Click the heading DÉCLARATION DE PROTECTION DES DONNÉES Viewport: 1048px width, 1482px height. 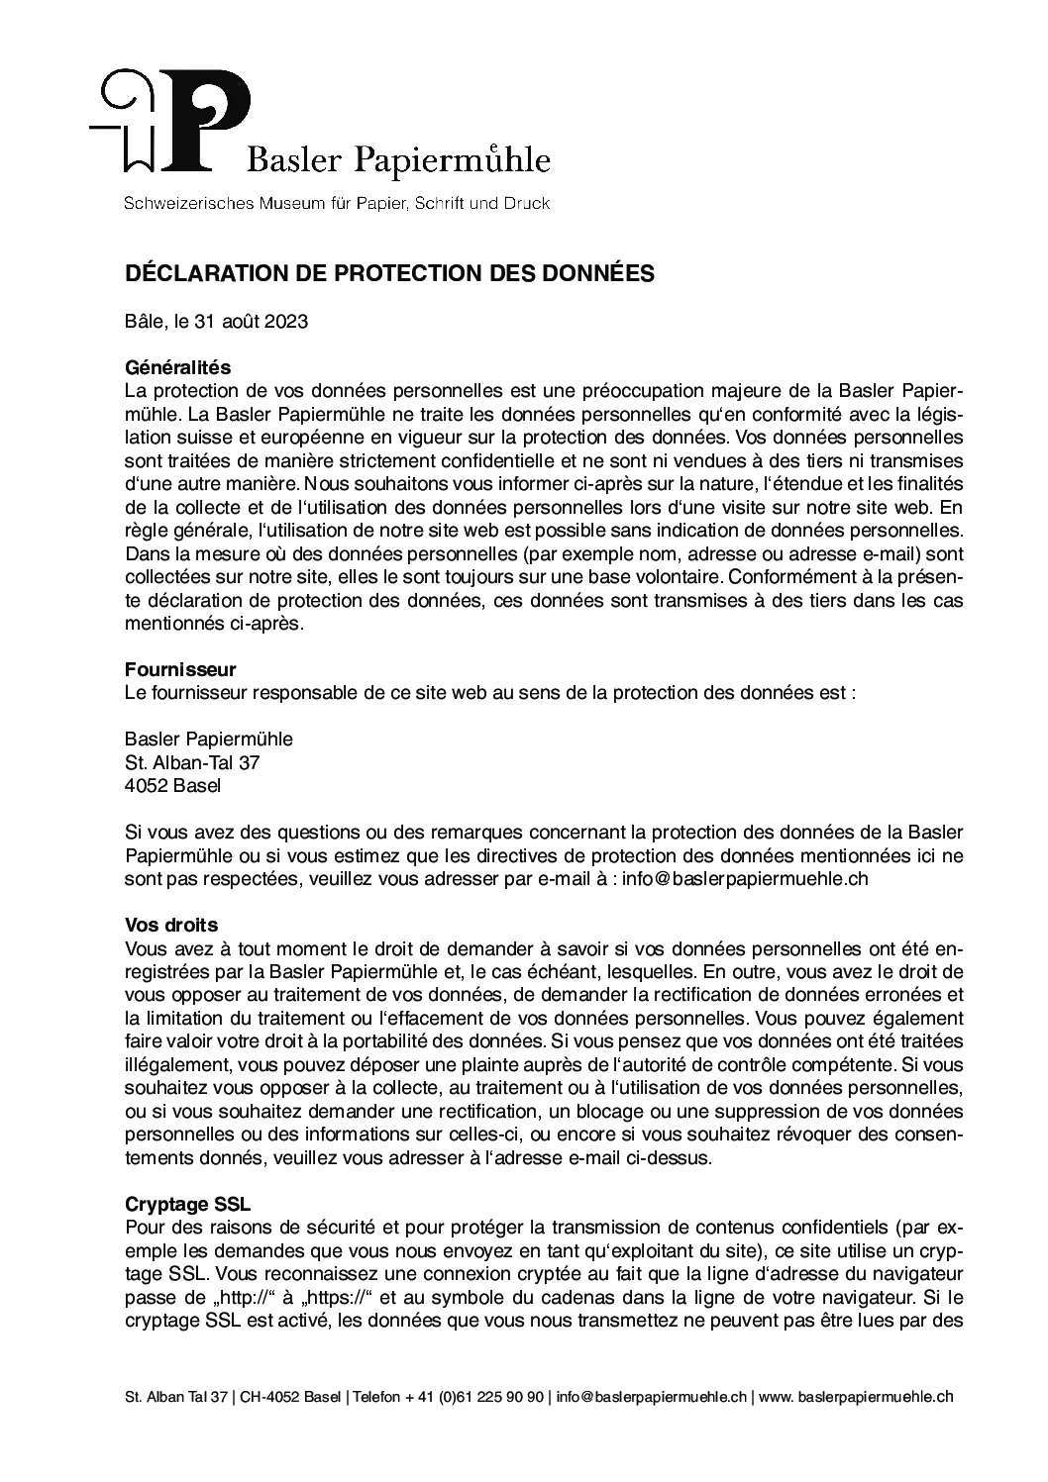click(x=389, y=273)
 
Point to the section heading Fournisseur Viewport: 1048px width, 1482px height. click(x=180, y=670)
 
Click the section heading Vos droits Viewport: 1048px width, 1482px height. click(x=170, y=925)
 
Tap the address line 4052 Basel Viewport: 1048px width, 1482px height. click(x=173, y=786)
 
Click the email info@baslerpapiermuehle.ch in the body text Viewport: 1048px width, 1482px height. click(x=745, y=879)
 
